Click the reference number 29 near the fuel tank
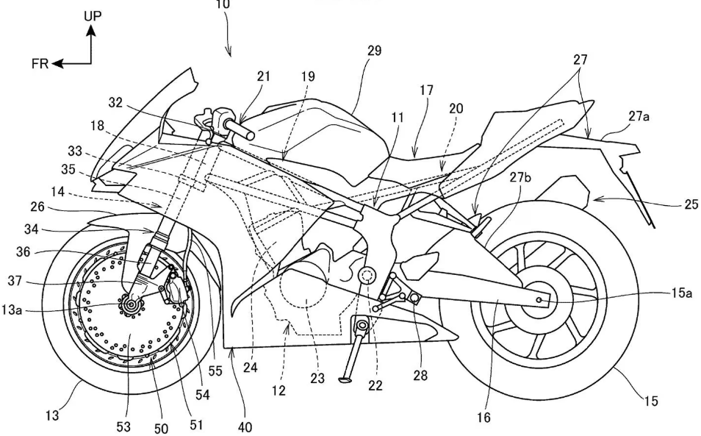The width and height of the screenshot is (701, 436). tap(375, 51)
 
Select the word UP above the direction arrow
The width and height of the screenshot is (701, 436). tap(92, 15)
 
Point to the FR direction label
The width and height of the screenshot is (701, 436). tap(40, 64)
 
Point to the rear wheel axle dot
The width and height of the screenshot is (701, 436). tap(542, 300)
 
